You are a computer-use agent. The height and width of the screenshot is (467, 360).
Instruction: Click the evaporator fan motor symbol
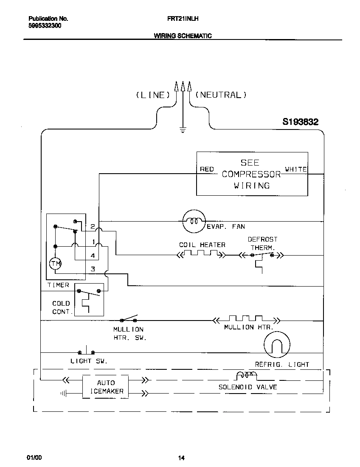pos(194,221)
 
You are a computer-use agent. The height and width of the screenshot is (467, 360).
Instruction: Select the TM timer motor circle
pos(56,264)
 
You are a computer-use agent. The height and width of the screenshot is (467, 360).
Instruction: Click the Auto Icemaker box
pos(106,387)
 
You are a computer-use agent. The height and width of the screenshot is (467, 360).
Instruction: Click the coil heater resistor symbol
pos(201,255)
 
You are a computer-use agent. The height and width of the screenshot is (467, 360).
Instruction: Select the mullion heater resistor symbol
pos(246,319)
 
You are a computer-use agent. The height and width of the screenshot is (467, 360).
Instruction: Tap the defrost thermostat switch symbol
pos(262,256)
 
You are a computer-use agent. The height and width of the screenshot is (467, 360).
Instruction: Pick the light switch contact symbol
pos(87,352)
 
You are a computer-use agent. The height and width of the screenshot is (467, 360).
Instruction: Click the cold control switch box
pos(89,299)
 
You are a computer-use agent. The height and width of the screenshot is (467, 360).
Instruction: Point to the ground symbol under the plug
pos(183,129)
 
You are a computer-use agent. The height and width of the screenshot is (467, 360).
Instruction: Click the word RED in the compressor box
pos(207,169)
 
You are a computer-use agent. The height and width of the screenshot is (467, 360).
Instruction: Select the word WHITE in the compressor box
pos(296,169)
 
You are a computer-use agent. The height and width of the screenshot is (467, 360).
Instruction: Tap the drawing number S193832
pos(301,122)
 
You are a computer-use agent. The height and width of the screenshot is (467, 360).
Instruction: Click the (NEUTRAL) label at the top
pos(221,95)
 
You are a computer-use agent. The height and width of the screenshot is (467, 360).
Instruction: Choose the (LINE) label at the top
pos(153,95)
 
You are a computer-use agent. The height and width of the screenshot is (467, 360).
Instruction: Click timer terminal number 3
pos(93,269)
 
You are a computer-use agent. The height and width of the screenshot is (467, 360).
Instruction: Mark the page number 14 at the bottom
pos(181,458)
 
